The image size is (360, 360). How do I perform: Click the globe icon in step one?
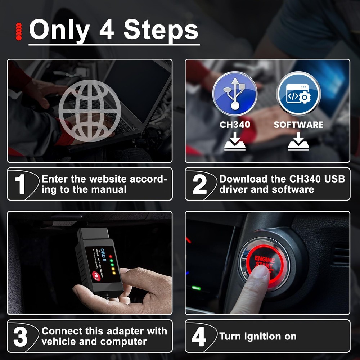point(90,110)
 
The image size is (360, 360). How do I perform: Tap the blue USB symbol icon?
point(234,94)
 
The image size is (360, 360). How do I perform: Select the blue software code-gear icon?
point(298,94)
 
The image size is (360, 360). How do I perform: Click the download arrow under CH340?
point(235,142)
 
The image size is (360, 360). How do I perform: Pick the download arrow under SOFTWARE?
point(298,142)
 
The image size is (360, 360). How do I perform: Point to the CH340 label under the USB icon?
point(235,125)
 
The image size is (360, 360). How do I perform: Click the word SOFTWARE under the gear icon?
point(298,125)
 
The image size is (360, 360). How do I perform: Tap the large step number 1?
point(20,184)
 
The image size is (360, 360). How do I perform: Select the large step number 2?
point(199,184)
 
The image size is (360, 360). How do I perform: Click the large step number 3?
point(21,336)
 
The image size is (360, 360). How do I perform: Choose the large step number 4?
point(199,337)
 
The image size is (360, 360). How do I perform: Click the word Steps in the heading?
point(161,30)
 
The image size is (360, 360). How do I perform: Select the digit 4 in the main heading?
point(107,30)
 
